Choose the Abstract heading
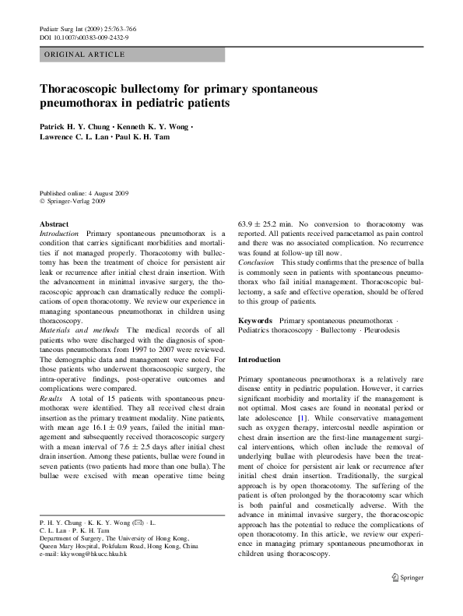click(54, 224)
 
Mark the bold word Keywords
click(255, 321)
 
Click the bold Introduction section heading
click(259, 360)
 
